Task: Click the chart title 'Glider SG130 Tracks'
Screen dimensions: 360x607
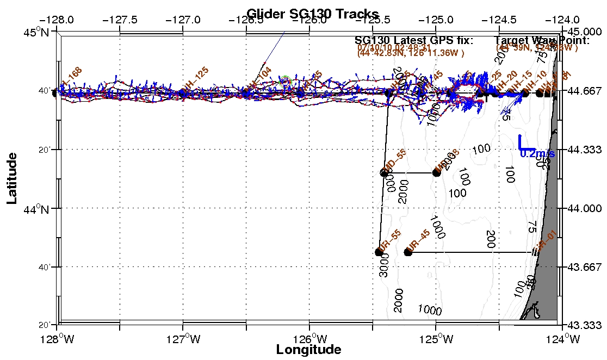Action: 312,14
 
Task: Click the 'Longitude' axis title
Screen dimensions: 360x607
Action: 308,349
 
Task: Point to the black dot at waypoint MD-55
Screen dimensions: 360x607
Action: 384,173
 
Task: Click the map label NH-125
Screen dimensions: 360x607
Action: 195,82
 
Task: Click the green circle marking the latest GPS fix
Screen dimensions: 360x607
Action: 285,80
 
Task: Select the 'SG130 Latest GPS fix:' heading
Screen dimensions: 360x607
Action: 414,40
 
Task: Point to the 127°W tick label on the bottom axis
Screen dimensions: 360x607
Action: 183,340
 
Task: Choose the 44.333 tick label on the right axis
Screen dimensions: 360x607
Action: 585,150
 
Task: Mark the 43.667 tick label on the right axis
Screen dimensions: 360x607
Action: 585,267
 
